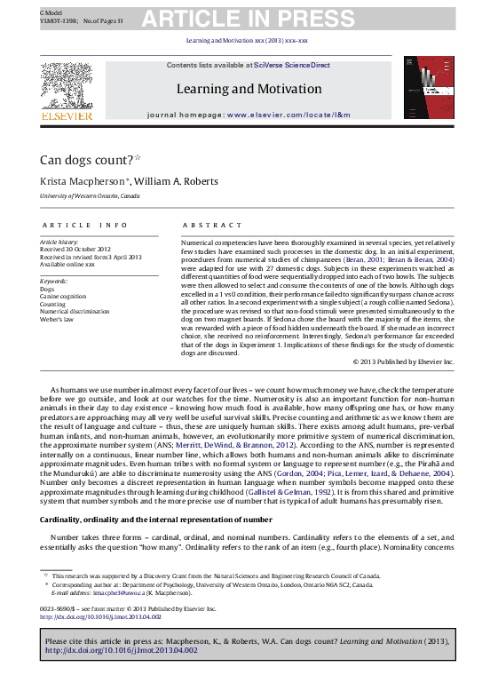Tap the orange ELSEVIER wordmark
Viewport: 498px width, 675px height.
[x=66, y=115]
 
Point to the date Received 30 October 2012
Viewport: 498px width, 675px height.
[x=75, y=250]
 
